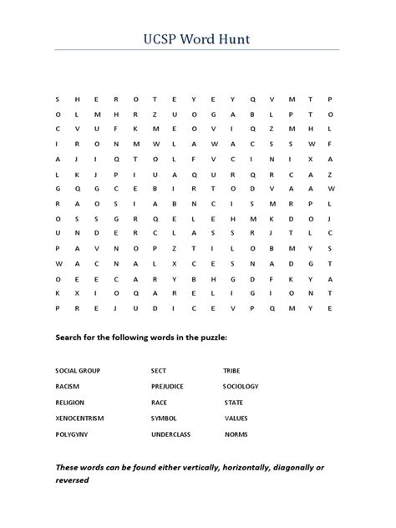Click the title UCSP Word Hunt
coord(197,38)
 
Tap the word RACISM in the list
coord(68,386)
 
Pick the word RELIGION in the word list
coord(70,402)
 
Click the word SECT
coord(159,370)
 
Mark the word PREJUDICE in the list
coord(167,386)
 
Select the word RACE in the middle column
coord(159,402)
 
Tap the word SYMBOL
coord(164,419)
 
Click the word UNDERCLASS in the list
coord(170,434)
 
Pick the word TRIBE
coord(231,370)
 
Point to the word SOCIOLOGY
coord(241,386)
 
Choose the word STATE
coord(234,402)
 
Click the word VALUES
coord(236,419)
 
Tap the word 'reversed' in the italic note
coord(72,481)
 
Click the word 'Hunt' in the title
coord(236,38)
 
